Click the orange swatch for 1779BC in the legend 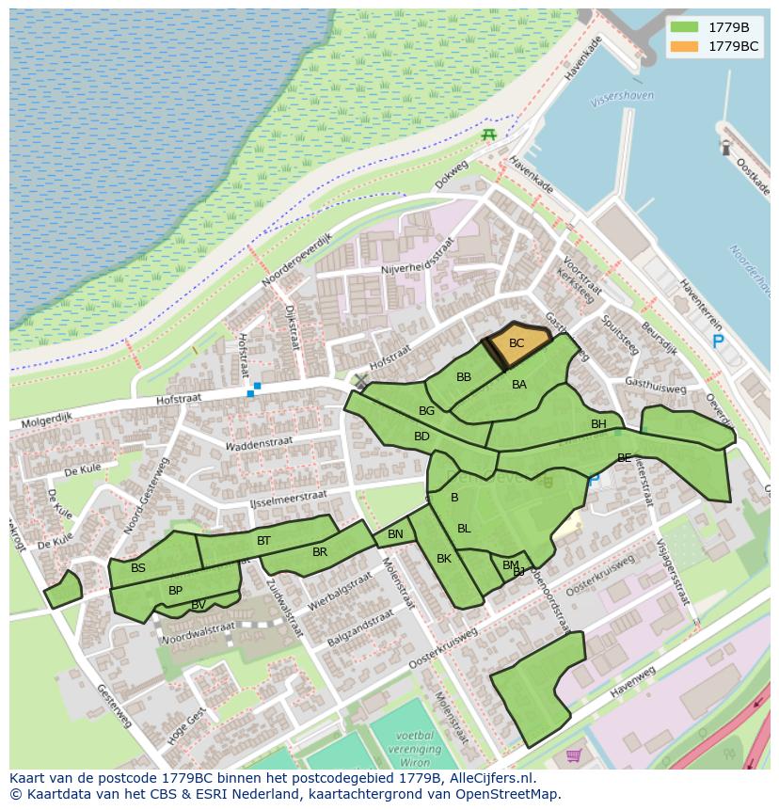pos(685,46)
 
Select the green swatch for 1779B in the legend pos(685,27)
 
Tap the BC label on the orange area pos(517,343)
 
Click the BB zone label pos(464,377)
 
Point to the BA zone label pos(519,385)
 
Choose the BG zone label pos(427,411)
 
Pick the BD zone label pos(421,437)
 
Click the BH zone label pos(598,424)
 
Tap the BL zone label pos(464,529)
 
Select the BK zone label pos(444,559)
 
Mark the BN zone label pos(395,534)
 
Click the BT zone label pos(263,541)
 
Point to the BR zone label pos(320,552)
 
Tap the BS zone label pos(138,568)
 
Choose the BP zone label pos(175,591)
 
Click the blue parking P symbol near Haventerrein pos(718,341)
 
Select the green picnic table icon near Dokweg pos(488,135)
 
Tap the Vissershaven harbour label pos(622,97)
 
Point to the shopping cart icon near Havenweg pos(574,754)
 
